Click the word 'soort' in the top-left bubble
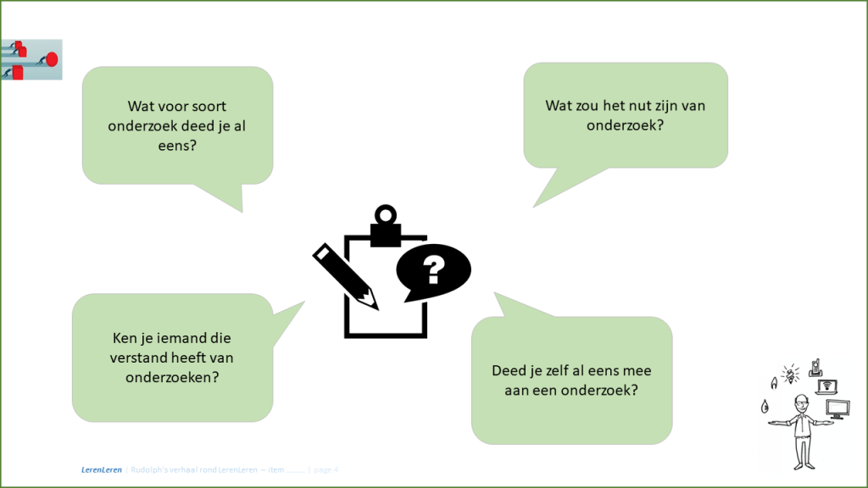[209, 107]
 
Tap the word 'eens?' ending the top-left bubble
[177, 144]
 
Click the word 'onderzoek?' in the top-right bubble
[626, 125]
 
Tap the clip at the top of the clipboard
[386, 222]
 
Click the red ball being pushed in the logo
[52, 58]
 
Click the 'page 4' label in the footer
[325, 469]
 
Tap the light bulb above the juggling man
[790, 374]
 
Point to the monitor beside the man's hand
[838, 410]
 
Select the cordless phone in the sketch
[815, 367]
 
